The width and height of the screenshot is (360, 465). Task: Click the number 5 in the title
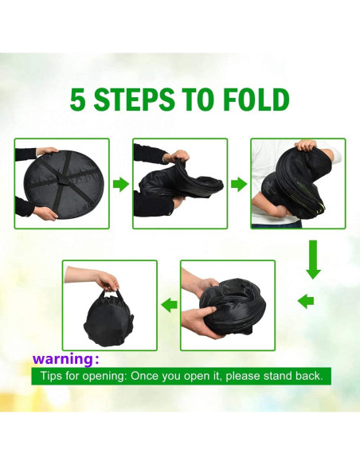pos(77,100)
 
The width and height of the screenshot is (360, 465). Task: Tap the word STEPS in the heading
pos(134,100)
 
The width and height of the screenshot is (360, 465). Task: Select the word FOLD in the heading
pos(256,100)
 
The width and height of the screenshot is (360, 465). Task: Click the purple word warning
pos(63,358)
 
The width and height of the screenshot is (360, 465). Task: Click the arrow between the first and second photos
pos(121,184)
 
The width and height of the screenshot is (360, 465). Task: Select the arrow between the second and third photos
pos(239,184)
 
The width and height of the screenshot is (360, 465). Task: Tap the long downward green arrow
pos(313,260)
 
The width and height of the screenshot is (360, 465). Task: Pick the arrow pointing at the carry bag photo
pos(170,305)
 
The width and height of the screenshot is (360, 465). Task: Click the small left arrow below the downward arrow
pos(306,302)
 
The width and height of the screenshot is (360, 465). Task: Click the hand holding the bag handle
pos(106,281)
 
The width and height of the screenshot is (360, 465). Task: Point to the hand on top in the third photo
pos(307,146)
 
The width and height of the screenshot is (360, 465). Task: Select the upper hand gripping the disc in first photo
pos(46,152)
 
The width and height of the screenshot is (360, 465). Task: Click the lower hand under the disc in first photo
pos(45,213)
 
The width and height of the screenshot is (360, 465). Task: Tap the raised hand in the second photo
pos(178,155)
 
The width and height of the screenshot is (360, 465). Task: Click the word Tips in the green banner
pos(51,376)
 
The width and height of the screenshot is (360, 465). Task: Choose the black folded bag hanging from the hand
pos(108,320)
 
